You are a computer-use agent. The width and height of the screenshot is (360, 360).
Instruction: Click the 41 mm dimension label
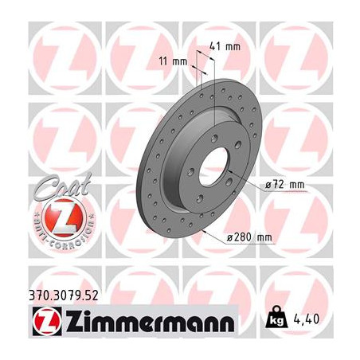[225, 47]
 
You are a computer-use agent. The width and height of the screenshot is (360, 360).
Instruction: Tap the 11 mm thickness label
[173, 62]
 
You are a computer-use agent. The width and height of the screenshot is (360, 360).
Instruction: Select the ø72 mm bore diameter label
[285, 185]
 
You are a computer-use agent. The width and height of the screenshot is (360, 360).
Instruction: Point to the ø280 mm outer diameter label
[249, 237]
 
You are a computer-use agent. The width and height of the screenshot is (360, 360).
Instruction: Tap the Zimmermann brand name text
[151, 321]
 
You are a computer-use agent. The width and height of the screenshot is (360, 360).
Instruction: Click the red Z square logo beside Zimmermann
[47, 322]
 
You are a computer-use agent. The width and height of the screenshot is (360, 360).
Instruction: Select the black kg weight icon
[276, 317]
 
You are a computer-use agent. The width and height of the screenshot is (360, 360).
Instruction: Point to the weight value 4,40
[307, 319]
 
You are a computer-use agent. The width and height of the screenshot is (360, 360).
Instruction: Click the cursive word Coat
[63, 186]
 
